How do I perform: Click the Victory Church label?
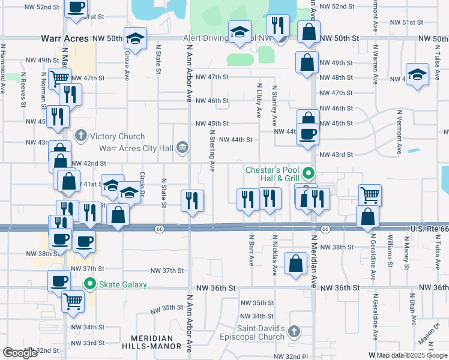coord(118,137)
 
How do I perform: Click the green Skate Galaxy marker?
coord(91,284)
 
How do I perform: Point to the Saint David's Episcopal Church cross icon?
coord(294,331)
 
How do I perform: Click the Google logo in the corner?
coord(20,353)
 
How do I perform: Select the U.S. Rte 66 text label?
coord(429,229)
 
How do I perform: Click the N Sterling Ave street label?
coord(212,153)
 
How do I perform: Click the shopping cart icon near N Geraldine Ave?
coord(370,194)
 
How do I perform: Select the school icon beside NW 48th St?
coord(417,75)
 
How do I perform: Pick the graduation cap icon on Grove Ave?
coord(136,38)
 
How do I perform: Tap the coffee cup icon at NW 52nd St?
coord(76,7)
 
